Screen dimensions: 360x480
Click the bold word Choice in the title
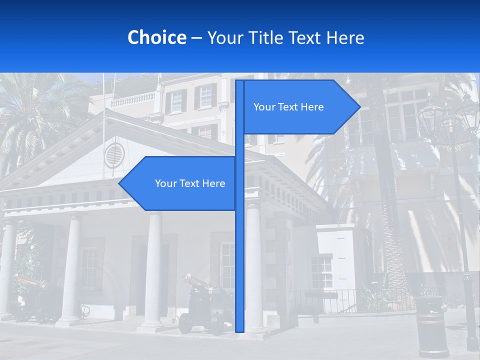coord(156,37)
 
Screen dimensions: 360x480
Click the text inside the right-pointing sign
coord(288,107)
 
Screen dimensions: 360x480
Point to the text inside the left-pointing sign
coord(190,183)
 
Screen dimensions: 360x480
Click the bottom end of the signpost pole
coord(239,329)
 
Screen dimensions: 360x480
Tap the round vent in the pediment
coord(113,155)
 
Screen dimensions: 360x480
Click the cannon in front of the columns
coord(200,305)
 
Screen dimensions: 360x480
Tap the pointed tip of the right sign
coord(359,107)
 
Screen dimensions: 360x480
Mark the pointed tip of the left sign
coord(120,183)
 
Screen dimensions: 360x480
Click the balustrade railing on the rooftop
coord(132,100)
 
